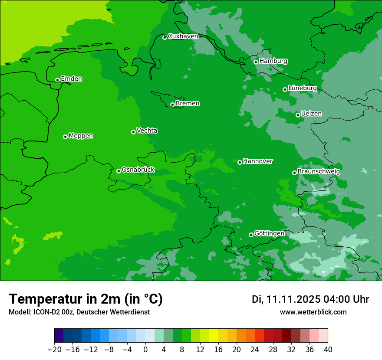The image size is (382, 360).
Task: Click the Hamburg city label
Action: [273, 61]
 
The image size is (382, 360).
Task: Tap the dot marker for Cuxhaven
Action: [165, 38]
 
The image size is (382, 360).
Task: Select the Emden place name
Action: [71, 79]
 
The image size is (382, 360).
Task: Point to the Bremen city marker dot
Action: [172, 105]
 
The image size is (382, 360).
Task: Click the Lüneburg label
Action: [302, 88]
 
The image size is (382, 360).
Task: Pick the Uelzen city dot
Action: [298, 115]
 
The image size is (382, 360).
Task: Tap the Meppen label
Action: [81, 136]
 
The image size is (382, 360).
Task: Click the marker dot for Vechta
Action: [133, 132]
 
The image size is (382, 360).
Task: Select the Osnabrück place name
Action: [138, 170]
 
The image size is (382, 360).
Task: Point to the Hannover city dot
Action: [240, 162]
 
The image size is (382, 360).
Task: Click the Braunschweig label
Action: [319, 172]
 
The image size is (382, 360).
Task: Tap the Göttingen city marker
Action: [251, 235]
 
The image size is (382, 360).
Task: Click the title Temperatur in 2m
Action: [86, 299]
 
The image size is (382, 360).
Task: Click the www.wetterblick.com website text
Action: [313, 312]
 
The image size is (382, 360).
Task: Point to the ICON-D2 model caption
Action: [79, 312]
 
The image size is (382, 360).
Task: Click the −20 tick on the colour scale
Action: [54, 349]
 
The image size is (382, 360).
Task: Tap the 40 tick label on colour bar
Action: [328, 349]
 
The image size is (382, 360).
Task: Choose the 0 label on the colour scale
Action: [145, 349]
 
